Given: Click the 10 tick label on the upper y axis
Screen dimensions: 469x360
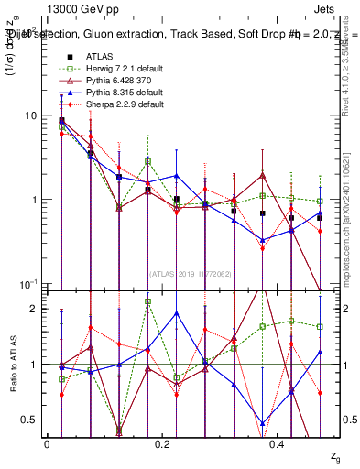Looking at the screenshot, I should pos(31,115).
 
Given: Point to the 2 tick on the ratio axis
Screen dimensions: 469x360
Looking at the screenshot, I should pos(34,309).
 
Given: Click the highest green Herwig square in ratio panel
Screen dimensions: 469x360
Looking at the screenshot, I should pos(148,301).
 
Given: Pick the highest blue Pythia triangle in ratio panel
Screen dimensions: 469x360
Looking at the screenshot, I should pos(205,313).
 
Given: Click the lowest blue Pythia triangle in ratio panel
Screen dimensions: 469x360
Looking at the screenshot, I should pos(263,423).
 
